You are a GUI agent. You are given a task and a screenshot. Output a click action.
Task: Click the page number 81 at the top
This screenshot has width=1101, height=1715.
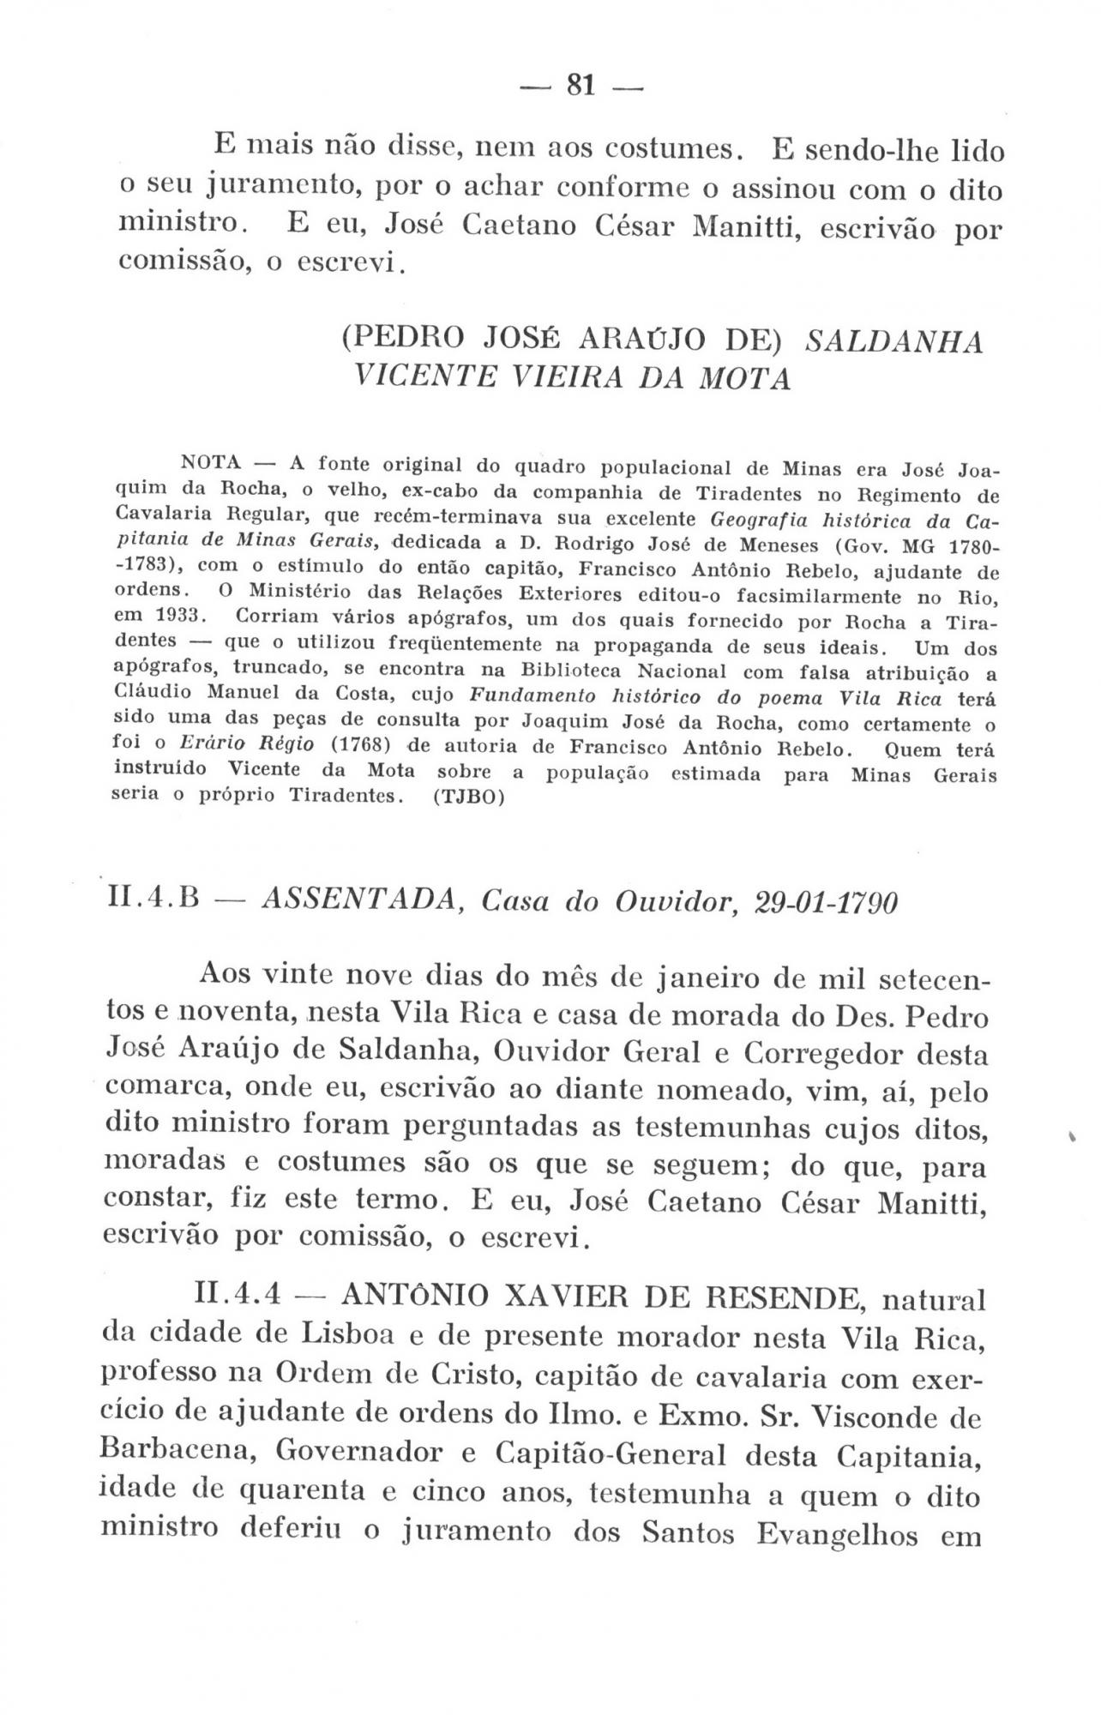[x=581, y=85]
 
